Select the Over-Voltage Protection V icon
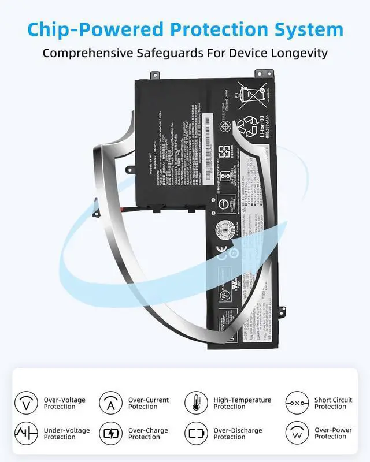pos(25,403)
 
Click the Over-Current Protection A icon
pos(110,403)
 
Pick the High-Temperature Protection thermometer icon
pos(196,403)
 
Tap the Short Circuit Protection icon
pos(297,403)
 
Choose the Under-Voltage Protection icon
pos(25,433)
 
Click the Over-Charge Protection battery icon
pos(110,433)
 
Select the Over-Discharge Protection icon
pos(196,433)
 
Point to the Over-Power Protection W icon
pos(297,433)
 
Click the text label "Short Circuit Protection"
pos(333,403)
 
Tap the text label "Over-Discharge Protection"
pos(238,434)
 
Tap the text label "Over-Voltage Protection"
pos(64,403)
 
